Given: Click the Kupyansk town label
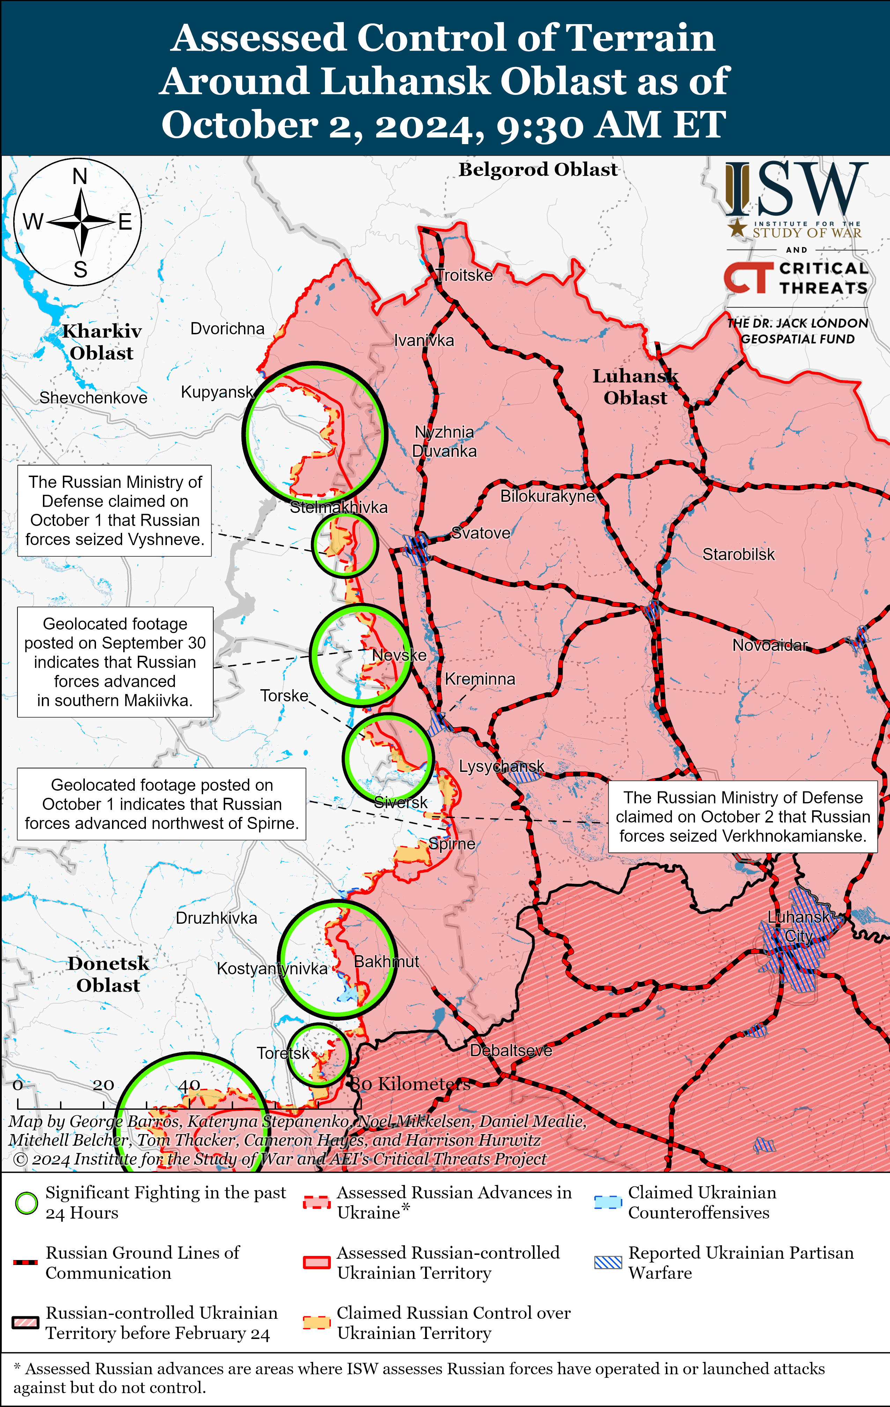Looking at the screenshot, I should click(x=217, y=392).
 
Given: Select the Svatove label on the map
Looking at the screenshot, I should click(x=481, y=533).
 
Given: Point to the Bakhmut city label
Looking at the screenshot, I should click(x=386, y=961).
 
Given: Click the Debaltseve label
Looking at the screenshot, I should click(x=511, y=1050).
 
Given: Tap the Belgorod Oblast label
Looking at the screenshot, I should click(x=537, y=170).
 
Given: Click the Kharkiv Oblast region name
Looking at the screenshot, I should click(x=102, y=342).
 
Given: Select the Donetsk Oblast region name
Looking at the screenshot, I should click(x=108, y=974).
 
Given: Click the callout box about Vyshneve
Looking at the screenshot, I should click(x=114, y=511).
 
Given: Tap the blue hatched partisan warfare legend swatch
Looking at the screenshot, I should click(x=608, y=1262).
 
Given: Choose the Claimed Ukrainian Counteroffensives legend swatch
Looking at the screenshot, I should click(x=608, y=1203).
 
